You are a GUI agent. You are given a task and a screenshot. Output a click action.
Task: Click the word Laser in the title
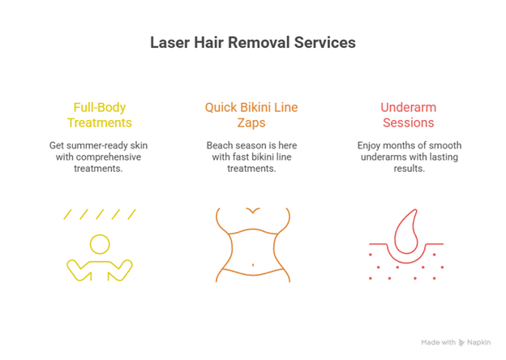[x=169, y=42]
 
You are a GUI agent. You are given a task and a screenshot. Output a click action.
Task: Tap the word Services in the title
[x=326, y=42]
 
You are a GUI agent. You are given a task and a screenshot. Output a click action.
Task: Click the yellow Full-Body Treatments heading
[x=100, y=114]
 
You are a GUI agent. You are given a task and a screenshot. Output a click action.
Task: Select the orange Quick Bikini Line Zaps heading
[x=252, y=114]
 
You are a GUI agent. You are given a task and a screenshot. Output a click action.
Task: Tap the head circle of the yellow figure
[x=100, y=243]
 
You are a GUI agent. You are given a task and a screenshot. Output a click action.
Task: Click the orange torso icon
[x=253, y=244]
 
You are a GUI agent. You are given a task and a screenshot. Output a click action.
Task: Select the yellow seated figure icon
[x=100, y=258]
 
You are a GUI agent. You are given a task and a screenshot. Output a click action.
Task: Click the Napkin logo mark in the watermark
[x=461, y=343]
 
